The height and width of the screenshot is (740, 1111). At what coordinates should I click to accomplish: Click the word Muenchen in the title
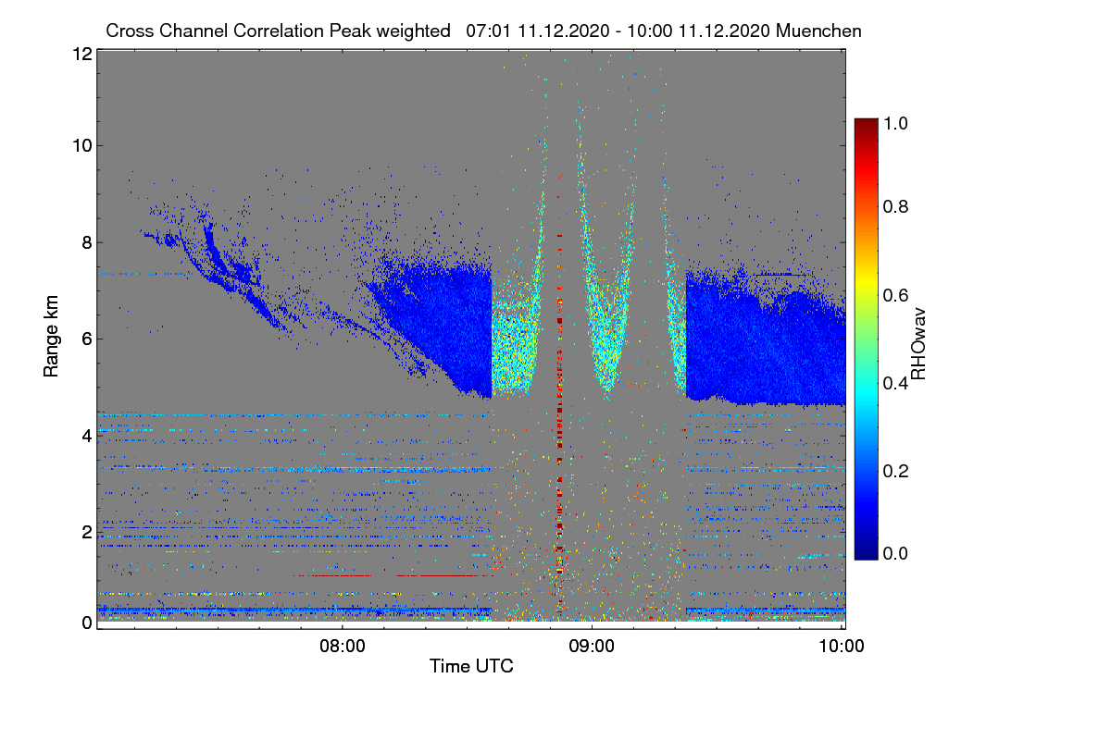click(x=818, y=31)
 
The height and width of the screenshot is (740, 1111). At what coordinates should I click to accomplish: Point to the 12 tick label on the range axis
click(x=82, y=54)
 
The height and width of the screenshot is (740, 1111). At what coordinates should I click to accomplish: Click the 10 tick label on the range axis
click(x=82, y=146)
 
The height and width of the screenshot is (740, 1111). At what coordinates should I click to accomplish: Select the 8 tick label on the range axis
click(x=87, y=242)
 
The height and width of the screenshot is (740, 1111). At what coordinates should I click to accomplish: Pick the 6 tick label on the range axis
click(x=87, y=339)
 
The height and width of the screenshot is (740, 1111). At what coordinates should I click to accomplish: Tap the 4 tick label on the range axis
click(x=87, y=437)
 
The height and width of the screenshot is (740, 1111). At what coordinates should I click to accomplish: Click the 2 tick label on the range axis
click(x=87, y=532)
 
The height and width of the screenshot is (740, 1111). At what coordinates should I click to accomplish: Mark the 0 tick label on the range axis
click(x=87, y=623)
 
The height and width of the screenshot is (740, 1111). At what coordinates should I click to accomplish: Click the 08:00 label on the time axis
click(x=343, y=646)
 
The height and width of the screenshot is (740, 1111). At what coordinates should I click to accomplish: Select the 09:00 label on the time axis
click(x=592, y=646)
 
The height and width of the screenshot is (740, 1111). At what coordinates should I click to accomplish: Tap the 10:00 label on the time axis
click(x=842, y=646)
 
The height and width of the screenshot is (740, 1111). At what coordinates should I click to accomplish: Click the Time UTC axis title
click(x=471, y=666)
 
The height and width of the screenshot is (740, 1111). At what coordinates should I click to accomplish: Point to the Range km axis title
click(x=51, y=336)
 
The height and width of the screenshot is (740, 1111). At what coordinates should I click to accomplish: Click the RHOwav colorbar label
click(x=918, y=344)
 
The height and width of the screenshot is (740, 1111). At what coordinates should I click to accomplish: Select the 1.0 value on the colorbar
click(x=896, y=123)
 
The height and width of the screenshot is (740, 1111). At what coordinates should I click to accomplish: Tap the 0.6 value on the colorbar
click(x=896, y=295)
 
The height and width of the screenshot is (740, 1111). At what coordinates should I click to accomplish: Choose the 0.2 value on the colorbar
click(x=896, y=471)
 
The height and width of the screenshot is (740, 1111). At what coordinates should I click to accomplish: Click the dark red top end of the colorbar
click(x=866, y=121)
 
